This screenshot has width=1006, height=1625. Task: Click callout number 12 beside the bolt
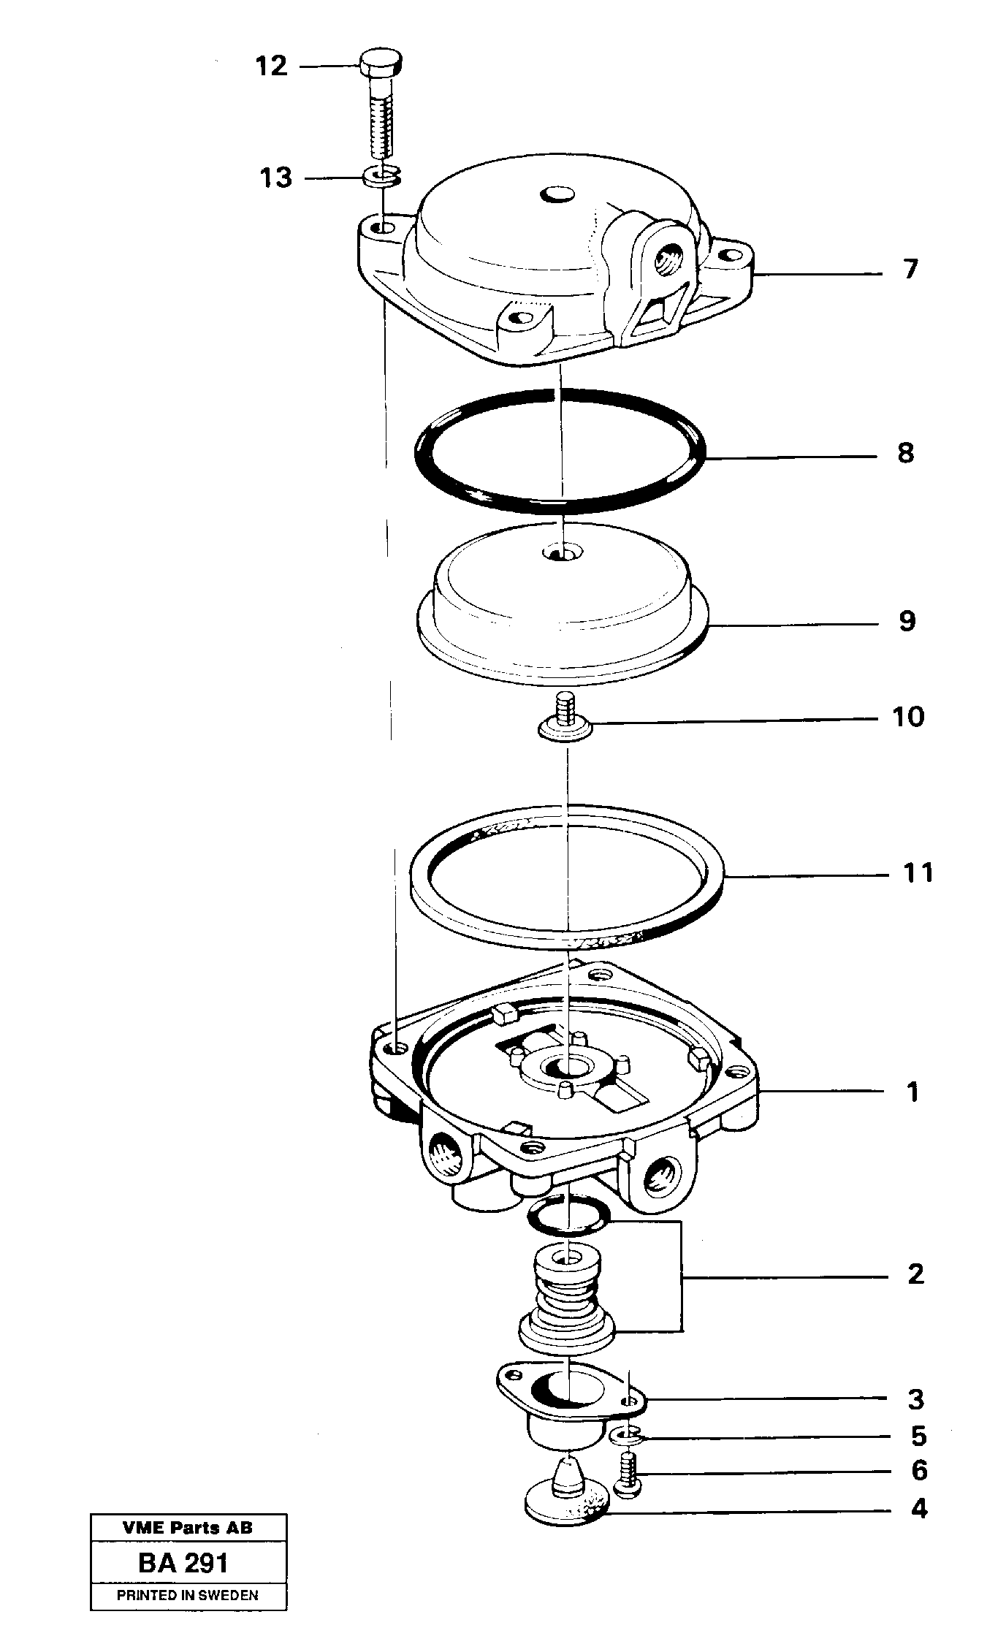271,66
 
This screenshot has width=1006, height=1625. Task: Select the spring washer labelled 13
381,176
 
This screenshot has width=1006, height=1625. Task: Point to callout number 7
909,270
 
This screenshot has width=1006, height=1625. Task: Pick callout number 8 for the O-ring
905,453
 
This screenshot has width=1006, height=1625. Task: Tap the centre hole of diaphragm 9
560,553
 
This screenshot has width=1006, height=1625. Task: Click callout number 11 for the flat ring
918,872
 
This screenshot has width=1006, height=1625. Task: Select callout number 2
915,1274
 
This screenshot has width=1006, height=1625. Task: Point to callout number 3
915,1399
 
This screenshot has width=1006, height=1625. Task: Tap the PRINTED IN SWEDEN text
188,1595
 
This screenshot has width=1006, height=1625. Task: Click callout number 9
907,621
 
